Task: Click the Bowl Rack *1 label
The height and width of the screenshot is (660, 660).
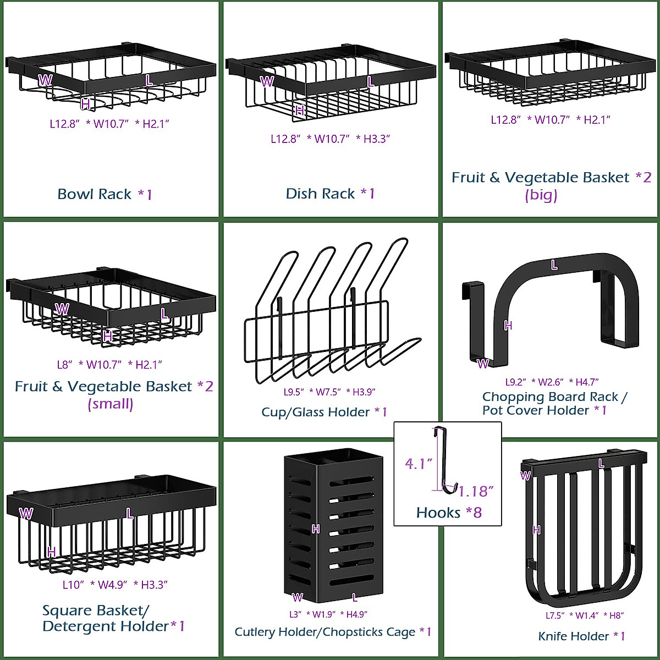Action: pos(105,194)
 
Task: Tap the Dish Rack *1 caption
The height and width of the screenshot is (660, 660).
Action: pos(330,194)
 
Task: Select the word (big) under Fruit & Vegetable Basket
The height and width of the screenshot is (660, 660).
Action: pos(541,195)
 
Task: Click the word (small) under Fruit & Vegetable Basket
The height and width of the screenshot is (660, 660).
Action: pos(111,404)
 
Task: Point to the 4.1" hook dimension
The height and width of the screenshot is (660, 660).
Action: pos(419,464)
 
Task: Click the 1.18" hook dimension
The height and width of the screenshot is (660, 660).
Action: pos(476,491)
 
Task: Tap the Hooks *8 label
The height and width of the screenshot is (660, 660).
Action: pos(449,513)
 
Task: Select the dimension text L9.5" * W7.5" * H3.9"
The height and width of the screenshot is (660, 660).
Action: pos(329,392)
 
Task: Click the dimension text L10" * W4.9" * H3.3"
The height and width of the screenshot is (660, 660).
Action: pos(114,585)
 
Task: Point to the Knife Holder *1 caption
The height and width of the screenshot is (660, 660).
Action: pos(581,636)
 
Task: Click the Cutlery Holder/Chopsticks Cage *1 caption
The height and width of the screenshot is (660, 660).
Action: pos(333,632)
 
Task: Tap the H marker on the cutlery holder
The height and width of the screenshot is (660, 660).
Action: pos(316,529)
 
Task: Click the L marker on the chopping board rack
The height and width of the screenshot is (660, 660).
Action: pos(554,265)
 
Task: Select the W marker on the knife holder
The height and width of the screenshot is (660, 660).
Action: pos(526,476)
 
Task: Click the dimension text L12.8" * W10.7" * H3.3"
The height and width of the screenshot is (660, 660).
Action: pos(330,139)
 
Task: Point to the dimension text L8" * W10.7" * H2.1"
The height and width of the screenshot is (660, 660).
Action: pos(109,365)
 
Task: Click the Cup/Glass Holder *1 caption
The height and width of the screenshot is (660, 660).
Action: pos(324,412)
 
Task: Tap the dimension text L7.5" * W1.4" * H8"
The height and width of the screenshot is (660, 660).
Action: pos(584,615)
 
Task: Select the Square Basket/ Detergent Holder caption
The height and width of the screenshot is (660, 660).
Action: pos(113,618)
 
